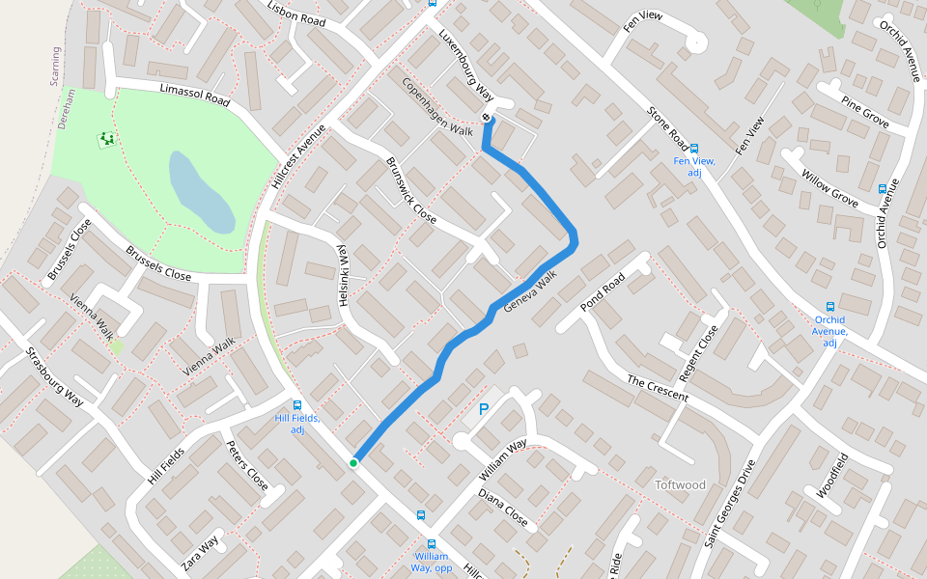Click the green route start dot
[353, 463]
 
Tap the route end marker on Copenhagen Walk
[487, 119]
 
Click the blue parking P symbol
[484, 409]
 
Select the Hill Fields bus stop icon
[297, 405]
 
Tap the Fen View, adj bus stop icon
[693, 149]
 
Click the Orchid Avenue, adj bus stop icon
[829, 307]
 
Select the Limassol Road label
[194, 95]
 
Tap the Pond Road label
[604, 292]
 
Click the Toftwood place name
[681, 484]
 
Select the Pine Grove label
[864, 112]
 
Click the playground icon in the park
[105, 140]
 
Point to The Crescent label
[657, 389]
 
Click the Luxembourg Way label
[465, 67]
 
